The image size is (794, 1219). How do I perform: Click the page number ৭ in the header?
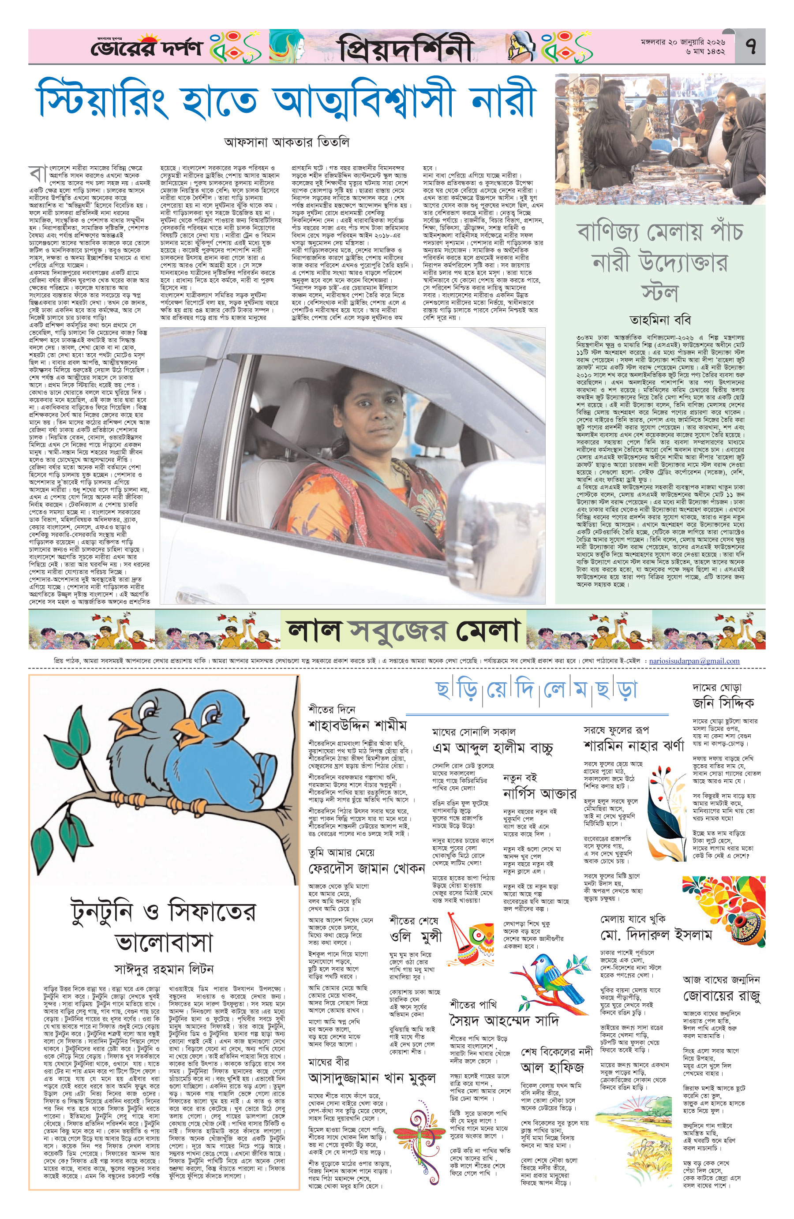pos(752,47)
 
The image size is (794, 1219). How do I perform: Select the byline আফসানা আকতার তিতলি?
pos(286,142)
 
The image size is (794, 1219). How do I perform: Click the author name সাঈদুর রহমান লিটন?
pos(164,969)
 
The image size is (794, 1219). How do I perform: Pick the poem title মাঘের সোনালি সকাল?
pos(473,731)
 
